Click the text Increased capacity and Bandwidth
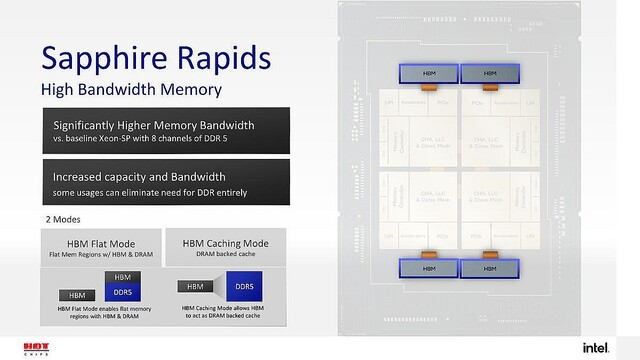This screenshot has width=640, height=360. pos(140,176)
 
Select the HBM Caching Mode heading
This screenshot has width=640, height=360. pos(225,241)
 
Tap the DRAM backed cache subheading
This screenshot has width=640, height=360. pos(225,254)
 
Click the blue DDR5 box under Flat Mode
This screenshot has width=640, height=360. pos(121,291)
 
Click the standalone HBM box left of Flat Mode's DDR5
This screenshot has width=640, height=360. pos(76,295)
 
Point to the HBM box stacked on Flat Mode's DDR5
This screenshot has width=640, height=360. pos(121,276)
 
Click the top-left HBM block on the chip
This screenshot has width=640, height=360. pos(427,73)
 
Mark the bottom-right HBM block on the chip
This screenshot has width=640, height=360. pos(489,268)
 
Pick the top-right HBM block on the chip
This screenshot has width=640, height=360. pos(489,73)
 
